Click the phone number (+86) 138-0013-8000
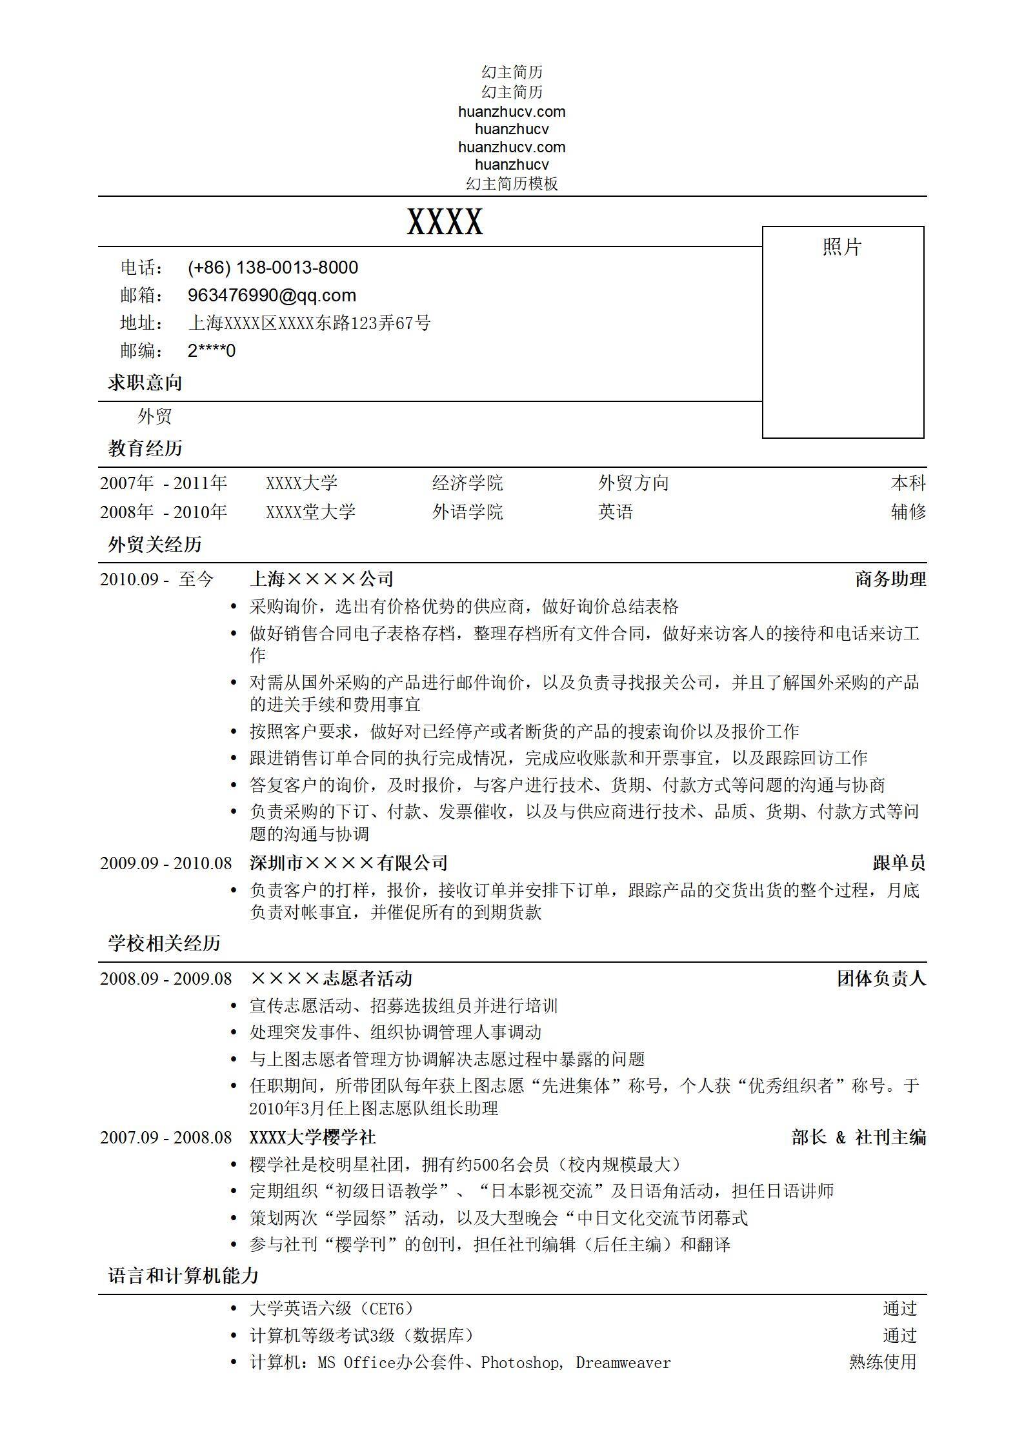272,268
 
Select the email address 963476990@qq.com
272,296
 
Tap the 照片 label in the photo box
842,247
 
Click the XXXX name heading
445,223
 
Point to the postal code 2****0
211,351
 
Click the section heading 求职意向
145,383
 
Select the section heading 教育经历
145,448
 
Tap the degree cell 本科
908,483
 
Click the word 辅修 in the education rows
908,512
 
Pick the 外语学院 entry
467,512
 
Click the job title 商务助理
890,579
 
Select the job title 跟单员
899,863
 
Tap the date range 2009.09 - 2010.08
166,863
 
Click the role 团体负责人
881,979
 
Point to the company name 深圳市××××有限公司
348,863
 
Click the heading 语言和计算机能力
183,1276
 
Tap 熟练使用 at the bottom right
882,1362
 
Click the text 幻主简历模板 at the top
512,184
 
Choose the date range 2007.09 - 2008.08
166,1137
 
